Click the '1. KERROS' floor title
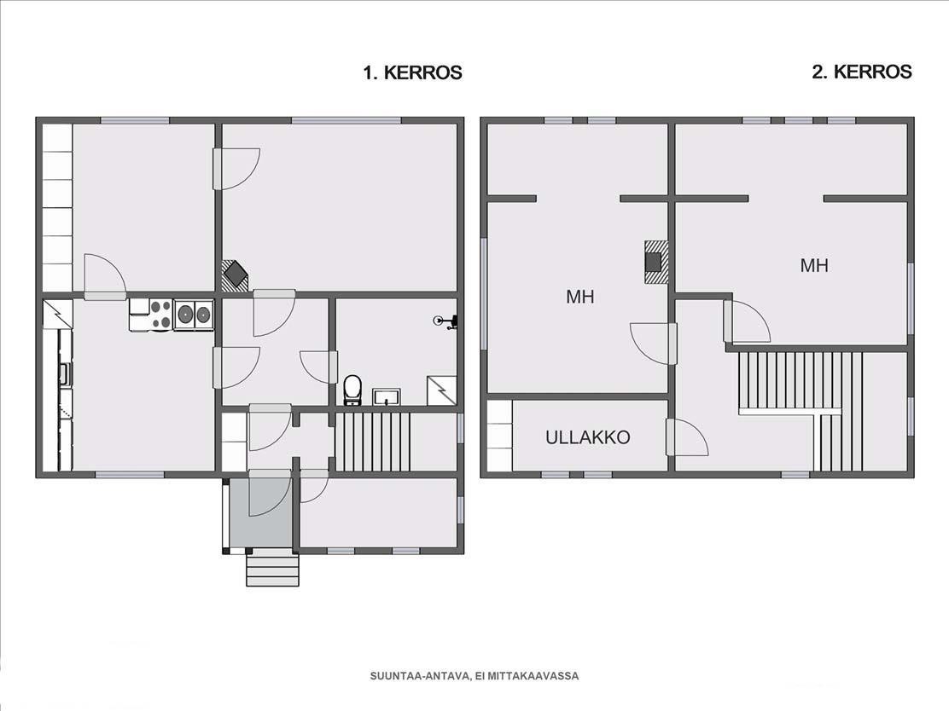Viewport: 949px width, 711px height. [412, 72]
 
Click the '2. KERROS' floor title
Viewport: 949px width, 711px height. [862, 72]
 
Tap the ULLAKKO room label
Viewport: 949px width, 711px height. [588, 437]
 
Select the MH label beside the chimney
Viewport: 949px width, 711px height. [579, 297]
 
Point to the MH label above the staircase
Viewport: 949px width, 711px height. [814, 265]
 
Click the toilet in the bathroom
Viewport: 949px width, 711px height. [352, 390]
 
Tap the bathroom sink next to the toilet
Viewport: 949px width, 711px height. [386, 396]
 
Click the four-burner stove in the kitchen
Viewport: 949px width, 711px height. [161, 315]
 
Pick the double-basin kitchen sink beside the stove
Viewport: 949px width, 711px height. [194, 315]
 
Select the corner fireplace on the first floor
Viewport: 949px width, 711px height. [234, 274]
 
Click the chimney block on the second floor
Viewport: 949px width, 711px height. [655, 262]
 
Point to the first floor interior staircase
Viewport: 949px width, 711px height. [373, 442]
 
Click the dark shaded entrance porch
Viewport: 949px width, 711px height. [261, 513]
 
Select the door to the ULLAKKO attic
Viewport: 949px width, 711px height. [686, 437]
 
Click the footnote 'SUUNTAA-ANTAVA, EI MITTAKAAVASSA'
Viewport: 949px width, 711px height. [474, 676]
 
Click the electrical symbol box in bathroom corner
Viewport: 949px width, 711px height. [442, 390]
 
